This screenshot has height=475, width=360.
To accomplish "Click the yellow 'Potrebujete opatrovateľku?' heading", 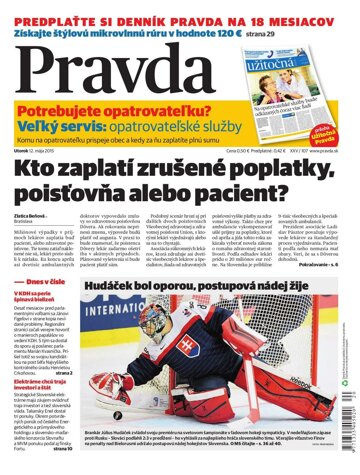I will pyautogui.click(x=116, y=115).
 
